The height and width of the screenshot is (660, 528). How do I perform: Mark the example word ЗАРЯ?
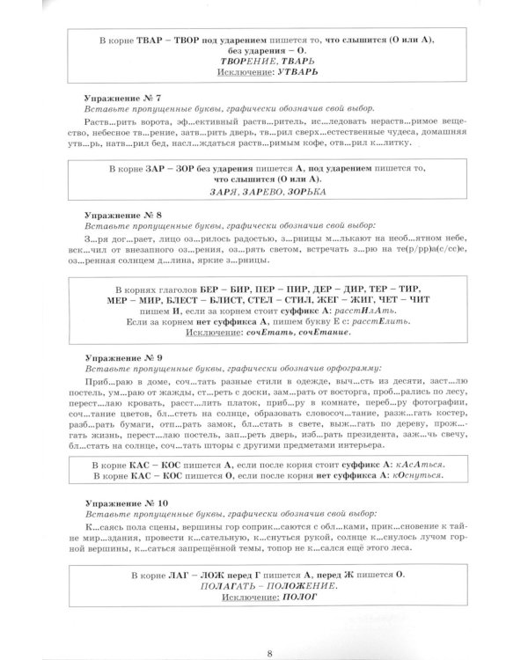click(224, 190)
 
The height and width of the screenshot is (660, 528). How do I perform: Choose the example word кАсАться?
click(412, 465)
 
